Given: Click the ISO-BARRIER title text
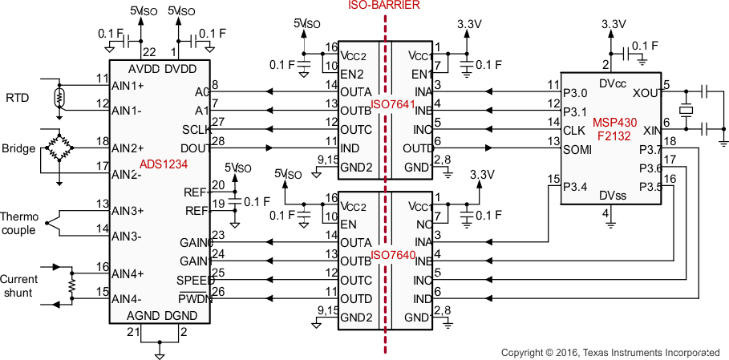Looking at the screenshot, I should coord(384,6).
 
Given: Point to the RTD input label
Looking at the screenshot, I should coord(17,98).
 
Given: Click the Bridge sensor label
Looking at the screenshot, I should coord(18,148).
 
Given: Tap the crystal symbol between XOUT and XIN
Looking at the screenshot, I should coord(686,110).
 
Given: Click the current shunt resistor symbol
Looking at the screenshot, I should coord(71,285).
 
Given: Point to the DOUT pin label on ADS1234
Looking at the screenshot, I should coord(194,147).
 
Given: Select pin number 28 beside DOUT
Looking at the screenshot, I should coord(218,141).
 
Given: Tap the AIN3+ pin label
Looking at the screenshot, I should coord(128,211).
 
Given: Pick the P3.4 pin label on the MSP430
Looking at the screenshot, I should coord(576,188).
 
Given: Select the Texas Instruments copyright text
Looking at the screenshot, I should coord(610,352).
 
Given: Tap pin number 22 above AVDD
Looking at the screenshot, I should coord(148,51).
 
